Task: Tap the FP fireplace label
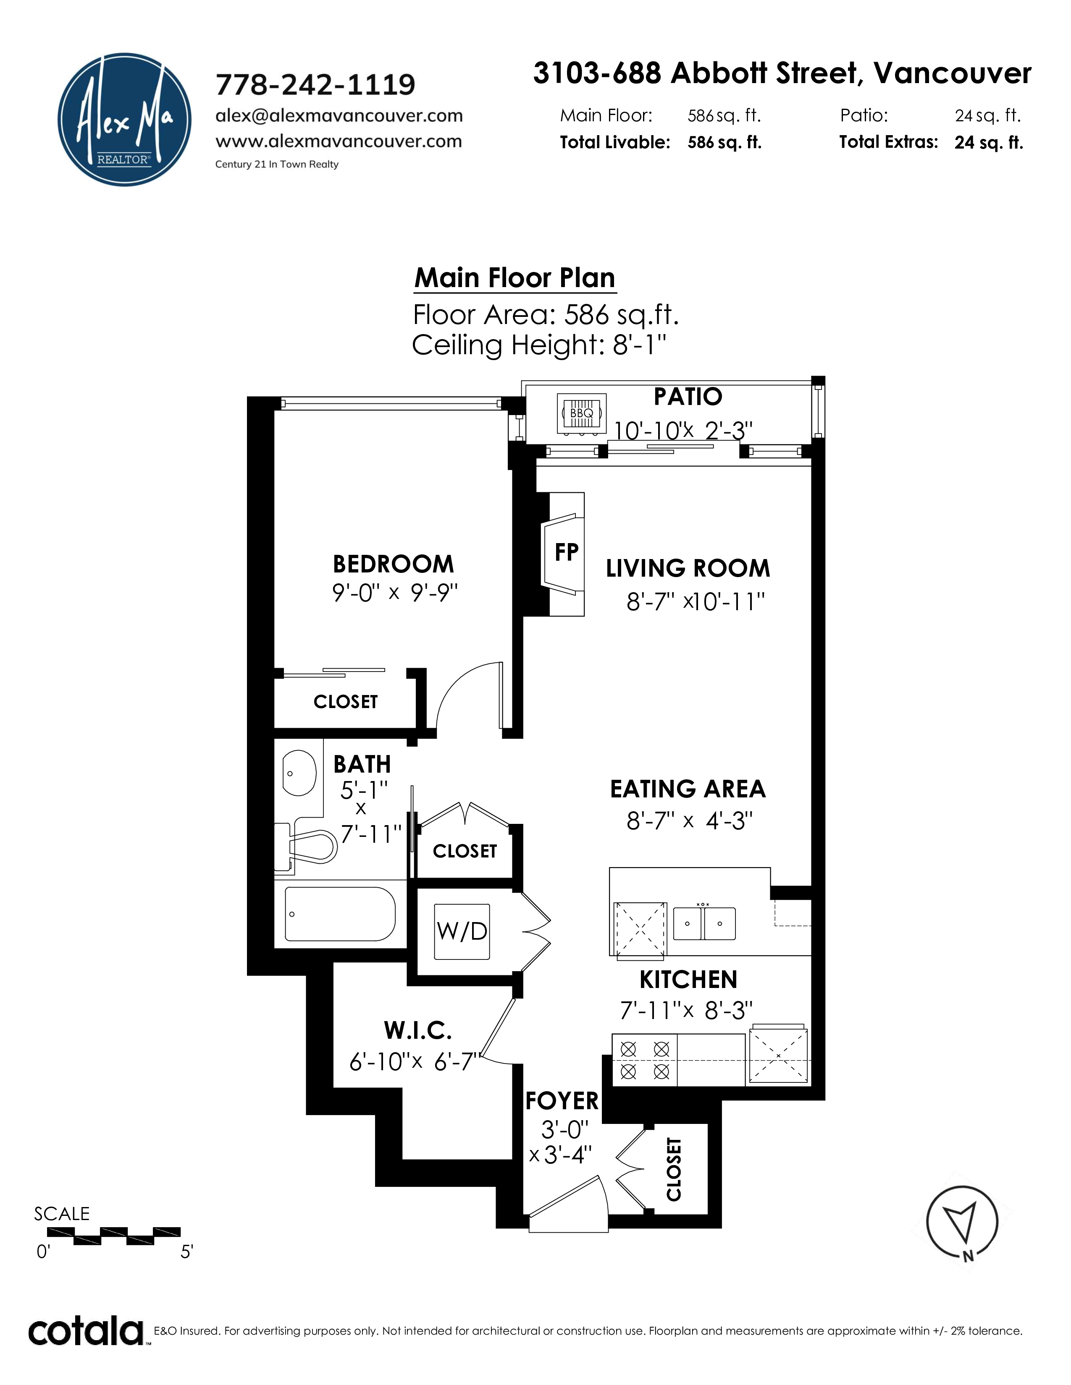point(567,552)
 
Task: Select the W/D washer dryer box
point(462,932)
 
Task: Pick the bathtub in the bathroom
point(340,914)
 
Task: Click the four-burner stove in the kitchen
point(645,1060)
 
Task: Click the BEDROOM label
point(394,564)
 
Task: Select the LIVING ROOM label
point(688,568)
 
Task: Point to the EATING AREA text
point(688,789)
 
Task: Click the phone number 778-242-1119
point(315,84)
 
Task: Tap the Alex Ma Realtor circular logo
point(124,119)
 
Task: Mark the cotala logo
point(86,1332)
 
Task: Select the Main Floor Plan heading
point(514,278)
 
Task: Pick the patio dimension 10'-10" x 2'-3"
point(682,431)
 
